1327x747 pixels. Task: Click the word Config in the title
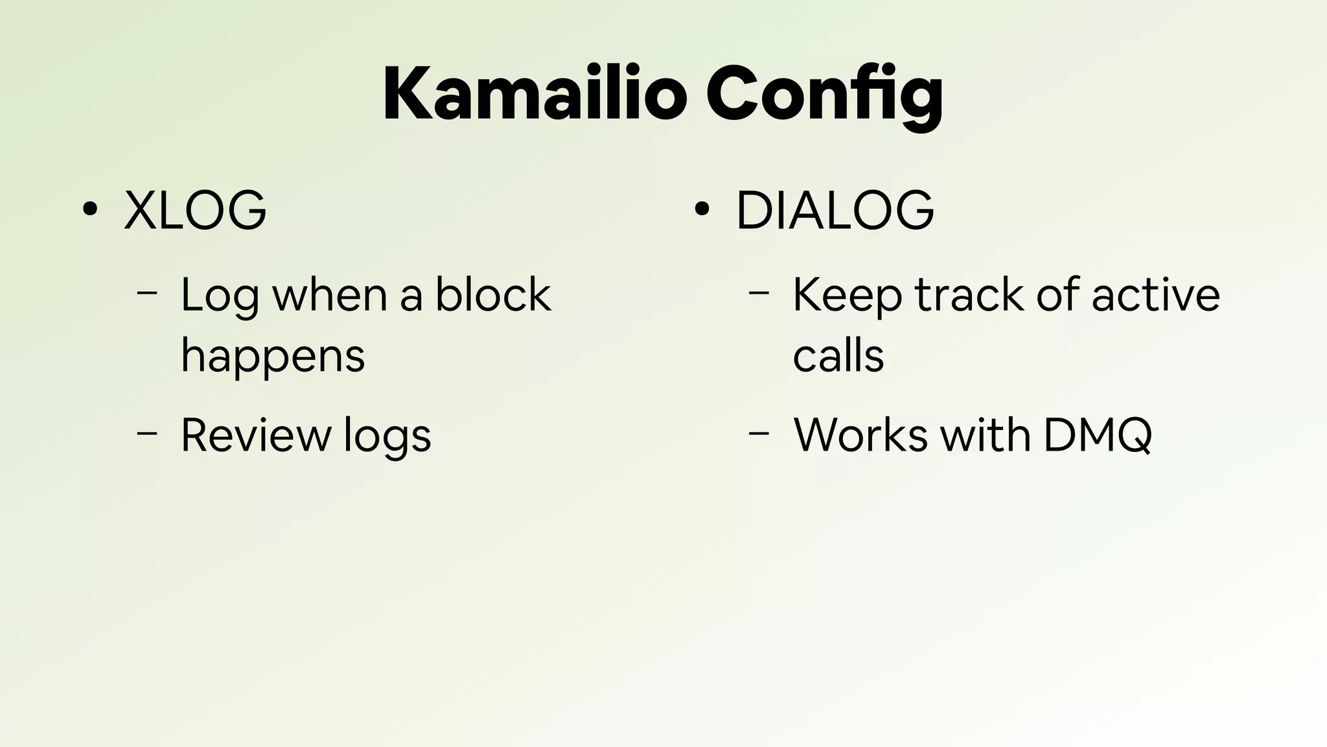click(824, 95)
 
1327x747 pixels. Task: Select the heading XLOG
click(194, 210)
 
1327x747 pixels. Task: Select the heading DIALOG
click(835, 210)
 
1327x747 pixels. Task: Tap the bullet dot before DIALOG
click(701, 209)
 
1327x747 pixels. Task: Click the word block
click(492, 294)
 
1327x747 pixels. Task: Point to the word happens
click(273, 356)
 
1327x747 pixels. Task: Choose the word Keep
click(847, 296)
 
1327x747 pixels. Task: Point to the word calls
click(838, 356)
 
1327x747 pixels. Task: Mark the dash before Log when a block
click(148, 293)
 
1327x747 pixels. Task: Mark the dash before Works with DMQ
click(759, 433)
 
